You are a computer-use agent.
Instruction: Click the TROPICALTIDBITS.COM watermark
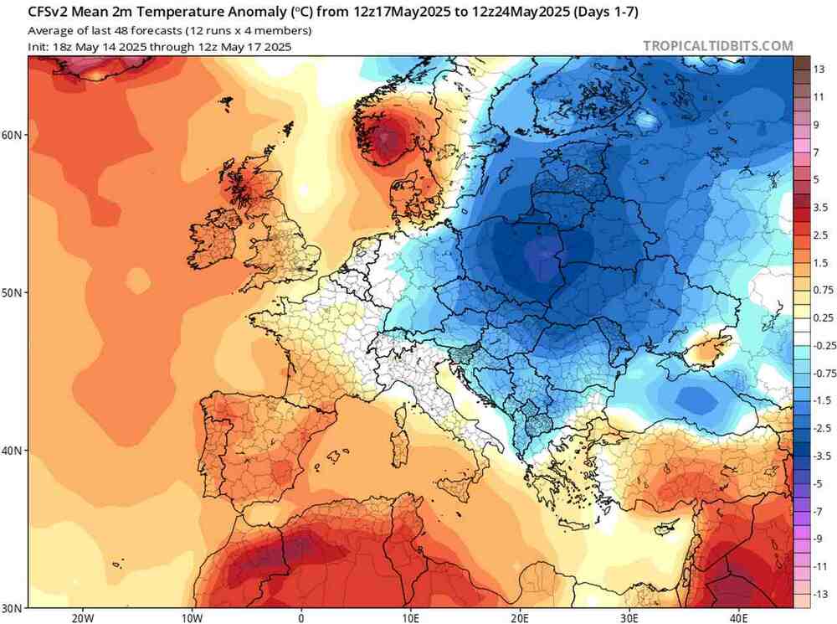pyautogui.click(x=717, y=46)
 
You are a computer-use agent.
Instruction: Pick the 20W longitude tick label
pyautogui.click(x=82, y=617)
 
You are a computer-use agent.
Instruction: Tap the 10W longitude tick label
pyautogui.click(x=192, y=617)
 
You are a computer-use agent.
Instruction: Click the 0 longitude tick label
pyautogui.click(x=301, y=617)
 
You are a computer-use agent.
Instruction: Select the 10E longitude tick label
pyautogui.click(x=410, y=617)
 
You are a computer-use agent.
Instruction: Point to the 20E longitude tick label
pyautogui.click(x=520, y=617)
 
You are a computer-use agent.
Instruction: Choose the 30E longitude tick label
pyautogui.click(x=629, y=617)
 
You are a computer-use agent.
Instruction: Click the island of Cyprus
pyautogui.click(x=666, y=529)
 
